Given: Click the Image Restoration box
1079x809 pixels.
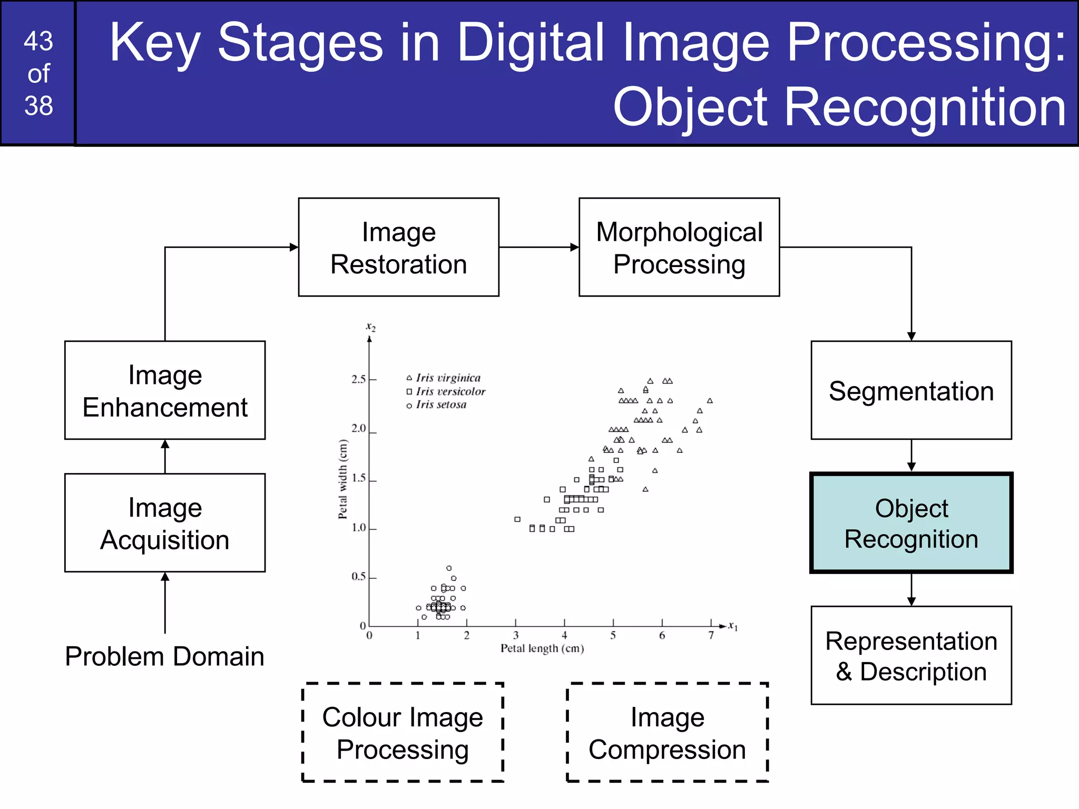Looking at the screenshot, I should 398,247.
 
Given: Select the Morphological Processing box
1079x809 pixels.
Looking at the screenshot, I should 679,247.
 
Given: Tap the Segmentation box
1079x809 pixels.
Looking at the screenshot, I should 911,390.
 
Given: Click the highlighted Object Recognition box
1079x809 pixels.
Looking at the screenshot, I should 911,523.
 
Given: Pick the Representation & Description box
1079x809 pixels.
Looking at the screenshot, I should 911,655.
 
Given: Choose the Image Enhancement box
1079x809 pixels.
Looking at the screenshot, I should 165,390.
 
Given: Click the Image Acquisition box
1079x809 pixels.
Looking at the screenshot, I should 165,523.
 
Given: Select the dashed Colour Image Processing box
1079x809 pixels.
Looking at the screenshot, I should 403,733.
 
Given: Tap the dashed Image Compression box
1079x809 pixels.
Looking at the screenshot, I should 667,733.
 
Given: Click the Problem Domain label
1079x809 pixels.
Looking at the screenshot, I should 164,656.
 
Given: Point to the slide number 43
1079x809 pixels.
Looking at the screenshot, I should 38,41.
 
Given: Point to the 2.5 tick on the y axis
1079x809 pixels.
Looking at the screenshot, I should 359,379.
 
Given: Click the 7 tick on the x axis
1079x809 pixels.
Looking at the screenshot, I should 711,635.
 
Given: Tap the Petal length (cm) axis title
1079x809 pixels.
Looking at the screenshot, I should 542,648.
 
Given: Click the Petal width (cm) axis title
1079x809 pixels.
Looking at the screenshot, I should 343,479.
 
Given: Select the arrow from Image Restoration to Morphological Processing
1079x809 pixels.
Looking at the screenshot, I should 538,247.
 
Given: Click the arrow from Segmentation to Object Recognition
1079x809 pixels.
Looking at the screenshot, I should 911,456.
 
